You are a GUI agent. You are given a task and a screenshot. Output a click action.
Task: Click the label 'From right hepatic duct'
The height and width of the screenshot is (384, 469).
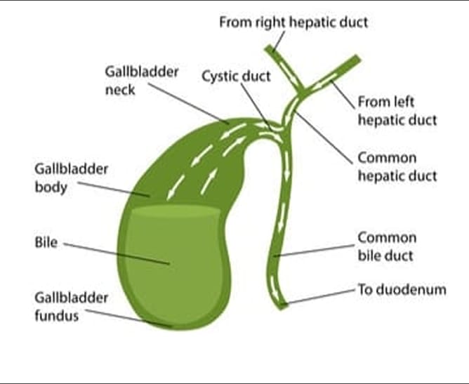click(x=293, y=22)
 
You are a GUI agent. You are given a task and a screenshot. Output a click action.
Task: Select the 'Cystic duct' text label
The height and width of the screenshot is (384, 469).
click(x=236, y=76)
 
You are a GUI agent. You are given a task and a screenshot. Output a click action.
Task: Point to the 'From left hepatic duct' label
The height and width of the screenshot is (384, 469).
click(x=397, y=111)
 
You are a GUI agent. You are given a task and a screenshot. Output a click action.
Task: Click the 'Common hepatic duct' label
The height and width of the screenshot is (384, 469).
click(x=397, y=166)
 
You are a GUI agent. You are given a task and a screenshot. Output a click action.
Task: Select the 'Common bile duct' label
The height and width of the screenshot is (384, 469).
click(x=387, y=246)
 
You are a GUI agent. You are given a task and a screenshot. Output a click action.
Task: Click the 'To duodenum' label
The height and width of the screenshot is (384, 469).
click(x=402, y=289)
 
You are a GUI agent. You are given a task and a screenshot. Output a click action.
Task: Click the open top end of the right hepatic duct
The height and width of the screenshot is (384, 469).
click(x=270, y=49)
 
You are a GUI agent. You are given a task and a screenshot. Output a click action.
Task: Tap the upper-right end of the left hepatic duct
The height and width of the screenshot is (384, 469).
click(x=356, y=60)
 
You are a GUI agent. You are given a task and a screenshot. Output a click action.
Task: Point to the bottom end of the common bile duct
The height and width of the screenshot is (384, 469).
click(x=282, y=304)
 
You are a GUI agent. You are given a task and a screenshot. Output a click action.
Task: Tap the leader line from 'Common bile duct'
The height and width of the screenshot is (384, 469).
click(x=316, y=251)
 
